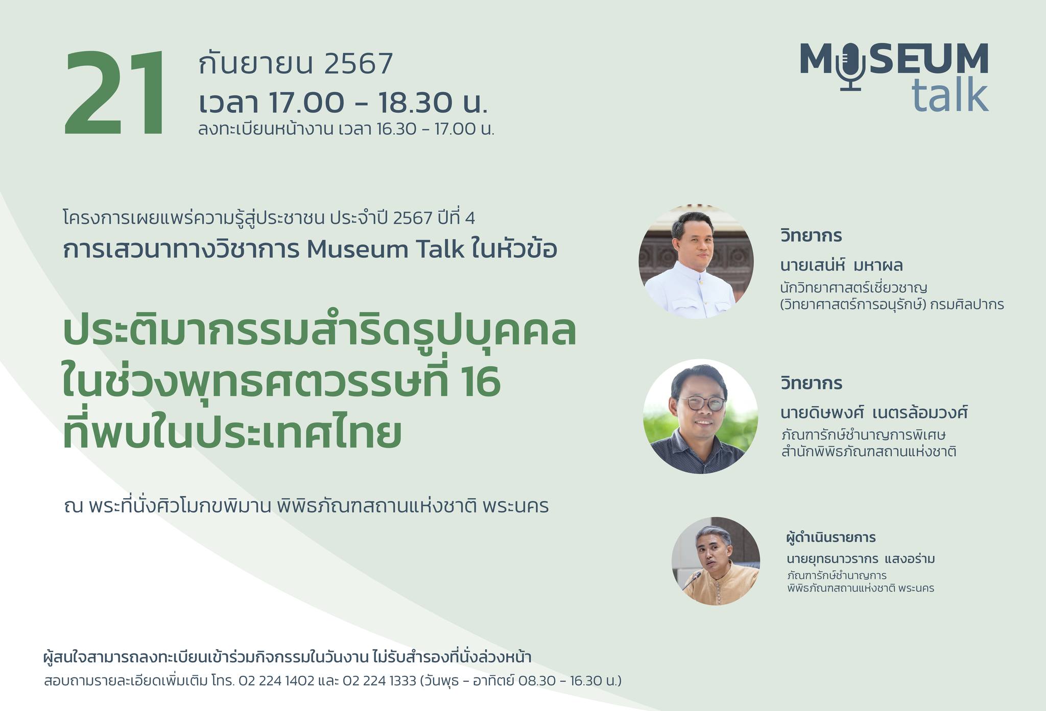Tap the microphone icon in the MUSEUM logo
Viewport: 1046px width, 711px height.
(x=850, y=66)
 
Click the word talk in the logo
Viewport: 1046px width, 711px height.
(x=950, y=94)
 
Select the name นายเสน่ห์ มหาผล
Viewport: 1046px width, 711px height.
(x=841, y=265)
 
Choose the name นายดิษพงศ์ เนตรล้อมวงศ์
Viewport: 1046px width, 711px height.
(x=874, y=412)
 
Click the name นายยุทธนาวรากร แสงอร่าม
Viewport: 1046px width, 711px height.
(x=861, y=559)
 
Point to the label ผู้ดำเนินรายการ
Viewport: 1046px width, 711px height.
(x=831, y=537)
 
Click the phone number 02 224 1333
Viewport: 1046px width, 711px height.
(x=379, y=681)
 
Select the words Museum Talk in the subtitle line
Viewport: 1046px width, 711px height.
(x=386, y=250)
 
